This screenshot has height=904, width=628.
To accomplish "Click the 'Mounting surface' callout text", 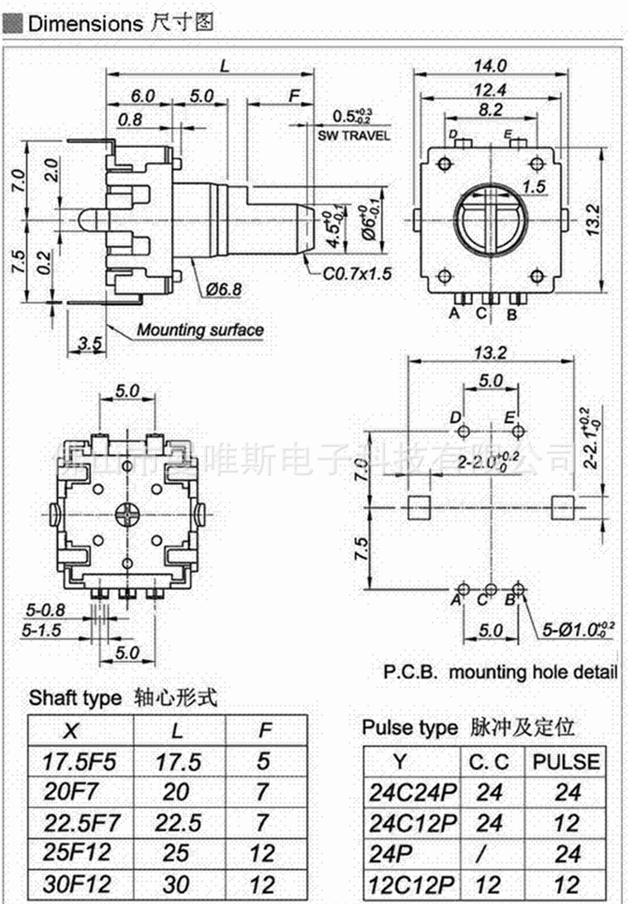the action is pyautogui.click(x=200, y=331).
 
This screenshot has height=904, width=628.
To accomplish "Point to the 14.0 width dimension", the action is pyautogui.click(x=490, y=66).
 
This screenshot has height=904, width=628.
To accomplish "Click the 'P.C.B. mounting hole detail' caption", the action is pyautogui.click(x=500, y=672).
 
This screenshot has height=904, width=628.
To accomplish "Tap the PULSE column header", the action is pyautogui.click(x=567, y=761).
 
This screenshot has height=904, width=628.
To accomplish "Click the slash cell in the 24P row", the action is pyautogui.click(x=489, y=854).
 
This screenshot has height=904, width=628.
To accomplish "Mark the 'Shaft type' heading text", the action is pyautogui.click(x=75, y=698).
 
